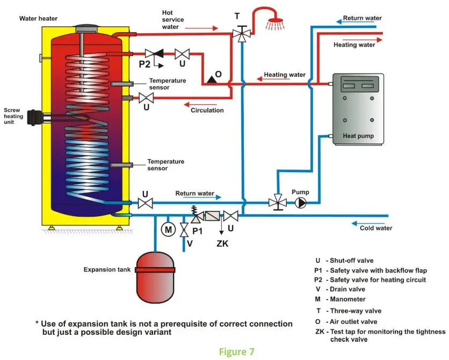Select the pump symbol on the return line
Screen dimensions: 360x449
point(300,203)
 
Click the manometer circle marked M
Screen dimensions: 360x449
point(168,230)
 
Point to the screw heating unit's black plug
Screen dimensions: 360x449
point(37,116)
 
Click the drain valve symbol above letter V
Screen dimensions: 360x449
point(184,230)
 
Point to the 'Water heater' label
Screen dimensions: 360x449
point(38,18)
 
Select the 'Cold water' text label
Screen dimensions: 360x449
point(376,228)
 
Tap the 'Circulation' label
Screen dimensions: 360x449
point(207,111)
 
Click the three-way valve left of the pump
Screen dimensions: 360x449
point(277,203)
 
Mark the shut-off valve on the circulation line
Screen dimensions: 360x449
point(146,98)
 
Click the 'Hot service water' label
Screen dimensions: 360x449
point(175,20)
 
